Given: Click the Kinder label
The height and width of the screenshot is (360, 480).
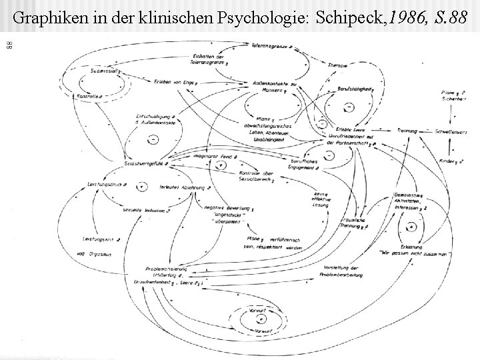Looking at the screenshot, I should tap(445, 161).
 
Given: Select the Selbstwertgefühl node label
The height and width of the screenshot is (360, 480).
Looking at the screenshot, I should tap(143, 163).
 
